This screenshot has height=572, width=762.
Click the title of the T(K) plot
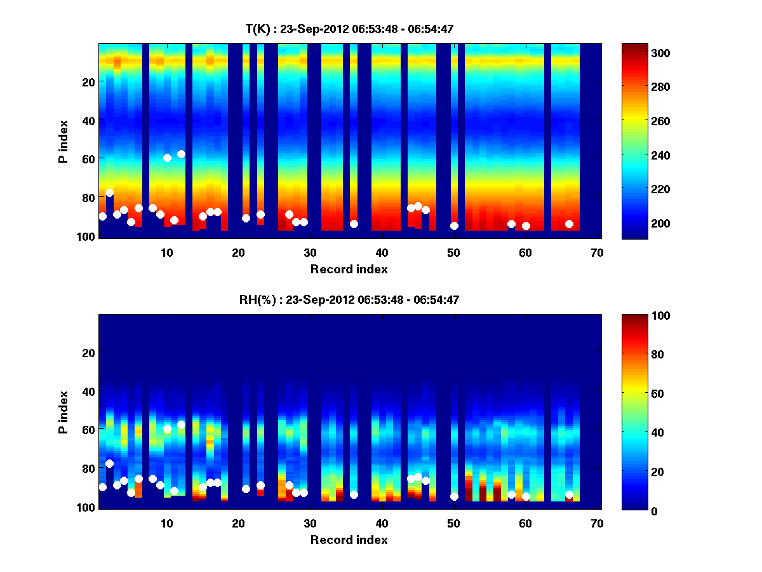click(349, 29)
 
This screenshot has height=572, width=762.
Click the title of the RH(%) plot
click(349, 299)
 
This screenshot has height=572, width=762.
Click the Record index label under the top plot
click(349, 269)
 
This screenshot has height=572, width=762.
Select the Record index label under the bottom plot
click(349, 540)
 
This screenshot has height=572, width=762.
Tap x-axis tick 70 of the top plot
click(597, 253)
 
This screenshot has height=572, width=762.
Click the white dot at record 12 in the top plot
click(181, 154)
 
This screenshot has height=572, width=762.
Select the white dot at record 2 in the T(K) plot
click(109, 193)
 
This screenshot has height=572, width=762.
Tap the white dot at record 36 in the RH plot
click(354, 494)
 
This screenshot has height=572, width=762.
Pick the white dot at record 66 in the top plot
click(569, 224)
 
